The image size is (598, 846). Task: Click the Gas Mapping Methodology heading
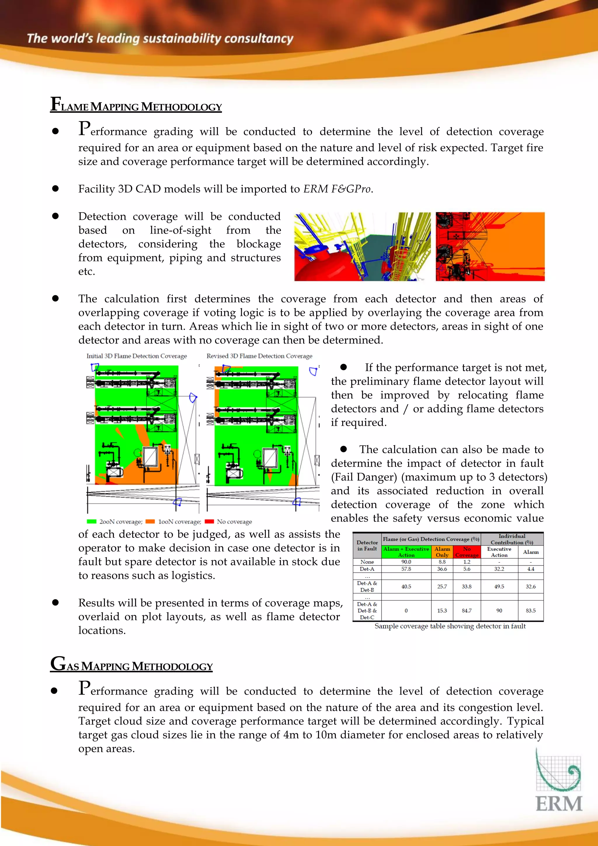[x=131, y=665]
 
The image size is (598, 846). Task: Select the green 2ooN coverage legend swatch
[x=91, y=521]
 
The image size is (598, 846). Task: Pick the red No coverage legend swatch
[x=209, y=521]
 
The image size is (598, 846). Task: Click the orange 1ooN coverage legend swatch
[x=150, y=521]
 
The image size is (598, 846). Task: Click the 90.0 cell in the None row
[x=406, y=562]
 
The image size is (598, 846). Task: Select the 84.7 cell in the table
[x=467, y=611]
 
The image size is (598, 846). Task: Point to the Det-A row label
[x=367, y=569]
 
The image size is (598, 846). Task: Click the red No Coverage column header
[x=467, y=552]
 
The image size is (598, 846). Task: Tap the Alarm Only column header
[x=442, y=552]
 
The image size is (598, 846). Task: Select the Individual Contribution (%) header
[x=512, y=539]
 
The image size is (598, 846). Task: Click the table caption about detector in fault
[x=450, y=626]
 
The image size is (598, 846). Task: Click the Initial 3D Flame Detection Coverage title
[x=136, y=356]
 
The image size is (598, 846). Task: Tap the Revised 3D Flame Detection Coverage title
[x=259, y=356]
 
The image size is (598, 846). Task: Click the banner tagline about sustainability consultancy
[x=160, y=39]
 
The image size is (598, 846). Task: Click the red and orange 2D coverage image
[x=490, y=246]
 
